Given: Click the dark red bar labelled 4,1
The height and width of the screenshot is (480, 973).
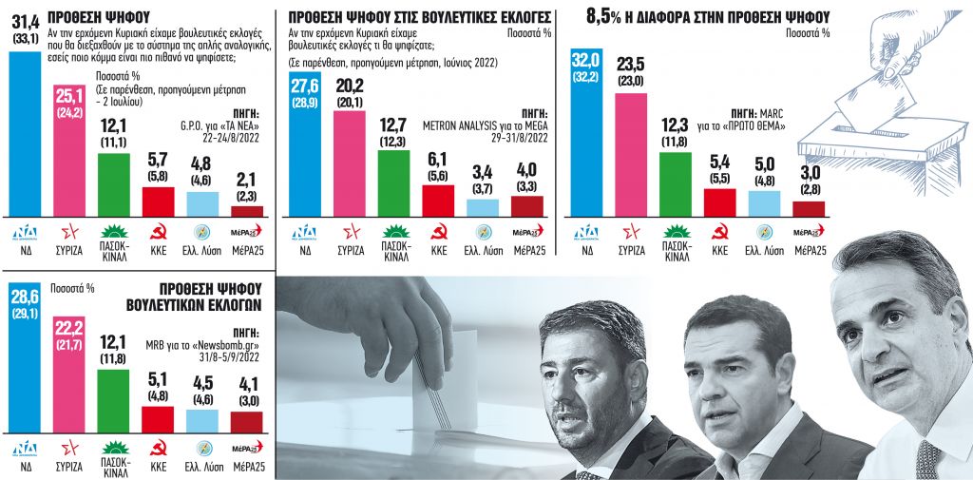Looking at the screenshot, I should pos(247,422).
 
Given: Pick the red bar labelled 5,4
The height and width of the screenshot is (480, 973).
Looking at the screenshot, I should pos(719,202).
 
